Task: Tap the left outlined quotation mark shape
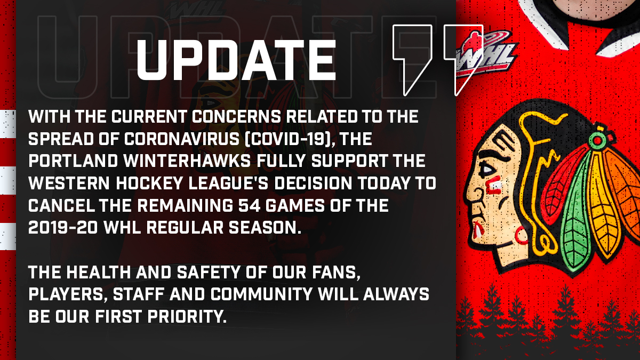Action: [x=411, y=59]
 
